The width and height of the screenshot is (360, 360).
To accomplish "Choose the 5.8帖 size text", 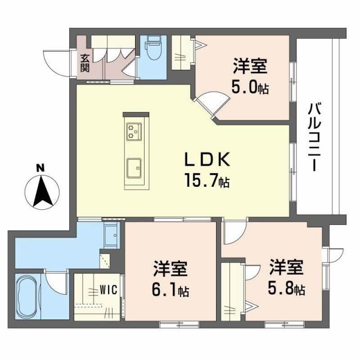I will (286, 290).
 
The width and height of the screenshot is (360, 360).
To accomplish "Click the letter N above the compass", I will (39, 168).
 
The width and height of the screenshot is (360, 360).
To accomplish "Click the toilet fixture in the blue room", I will (152, 51).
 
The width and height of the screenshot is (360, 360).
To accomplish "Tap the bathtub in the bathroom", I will (26, 296).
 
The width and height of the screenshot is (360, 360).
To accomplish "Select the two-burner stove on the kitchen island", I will (134, 130).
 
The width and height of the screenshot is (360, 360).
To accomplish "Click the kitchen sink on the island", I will (134, 167).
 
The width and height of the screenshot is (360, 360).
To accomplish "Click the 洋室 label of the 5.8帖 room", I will (286, 265).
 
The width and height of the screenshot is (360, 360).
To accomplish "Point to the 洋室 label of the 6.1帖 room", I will (170, 268).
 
